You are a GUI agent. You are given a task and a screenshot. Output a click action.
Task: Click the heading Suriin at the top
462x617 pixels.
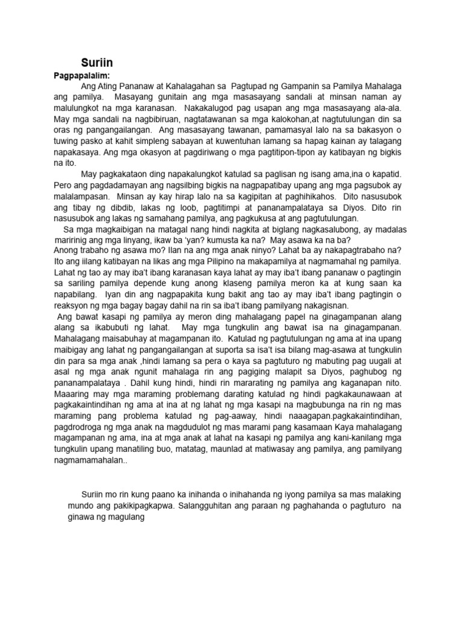tap(97, 63)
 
